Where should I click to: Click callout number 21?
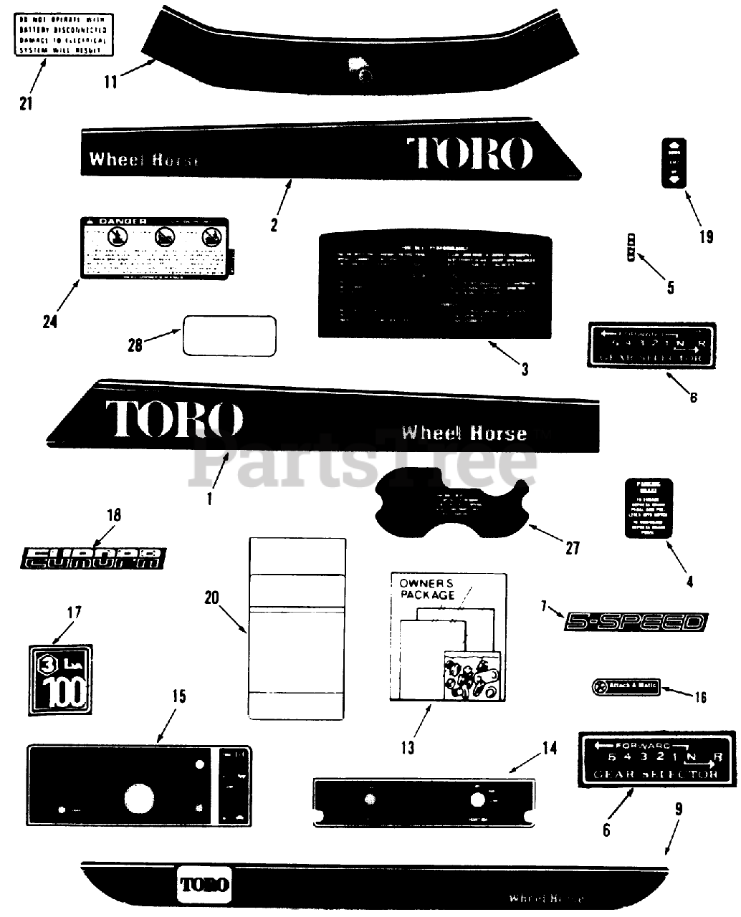tap(26, 103)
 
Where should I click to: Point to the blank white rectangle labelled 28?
tap(229, 335)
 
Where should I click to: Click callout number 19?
tap(706, 236)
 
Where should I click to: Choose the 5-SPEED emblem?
tap(636, 621)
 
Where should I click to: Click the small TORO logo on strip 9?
tap(205, 883)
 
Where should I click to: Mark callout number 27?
tap(572, 548)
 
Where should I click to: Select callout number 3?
tap(525, 370)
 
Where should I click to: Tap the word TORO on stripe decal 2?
tap(470, 153)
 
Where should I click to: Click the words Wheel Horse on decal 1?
tap(464, 433)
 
